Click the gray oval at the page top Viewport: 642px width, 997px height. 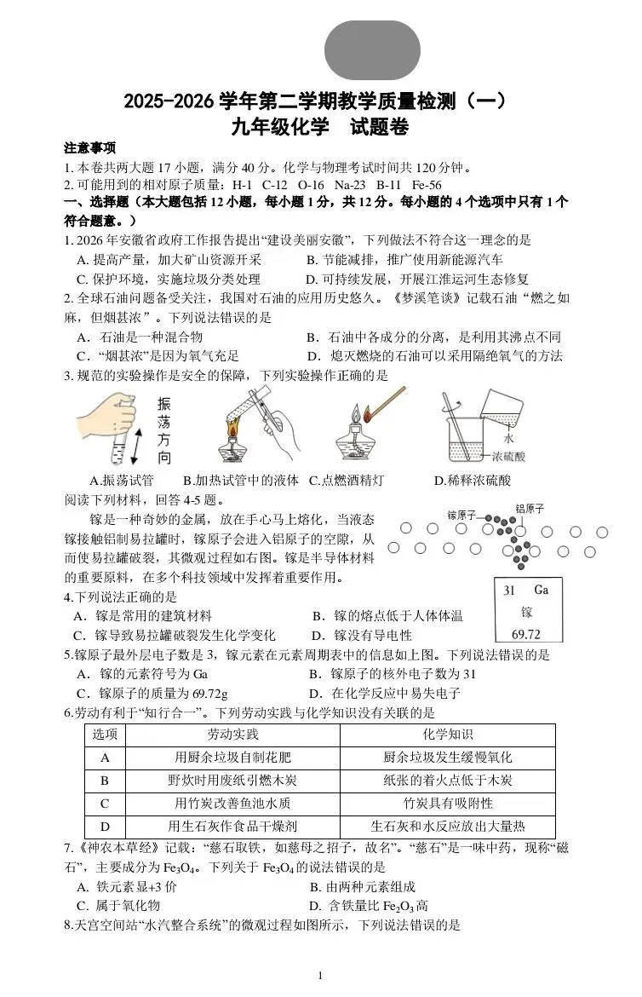[x=372, y=50]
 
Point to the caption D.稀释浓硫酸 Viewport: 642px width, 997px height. [x=473, y=481]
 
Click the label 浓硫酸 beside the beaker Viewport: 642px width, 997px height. [x=508, y=457]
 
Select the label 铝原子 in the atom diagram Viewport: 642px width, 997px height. [x=530, y=509]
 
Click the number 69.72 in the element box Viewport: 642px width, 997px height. [x=525, y=634]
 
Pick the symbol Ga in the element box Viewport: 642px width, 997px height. [x=541, y=590]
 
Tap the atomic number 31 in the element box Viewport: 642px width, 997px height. [x=509, y=590]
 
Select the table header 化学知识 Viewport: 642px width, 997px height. [x=447, y=735]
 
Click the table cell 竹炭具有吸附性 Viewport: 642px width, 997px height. [x=447, y=803]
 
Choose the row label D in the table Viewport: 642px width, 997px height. [x=106, y=826]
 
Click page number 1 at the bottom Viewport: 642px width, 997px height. [x=319, y=976]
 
